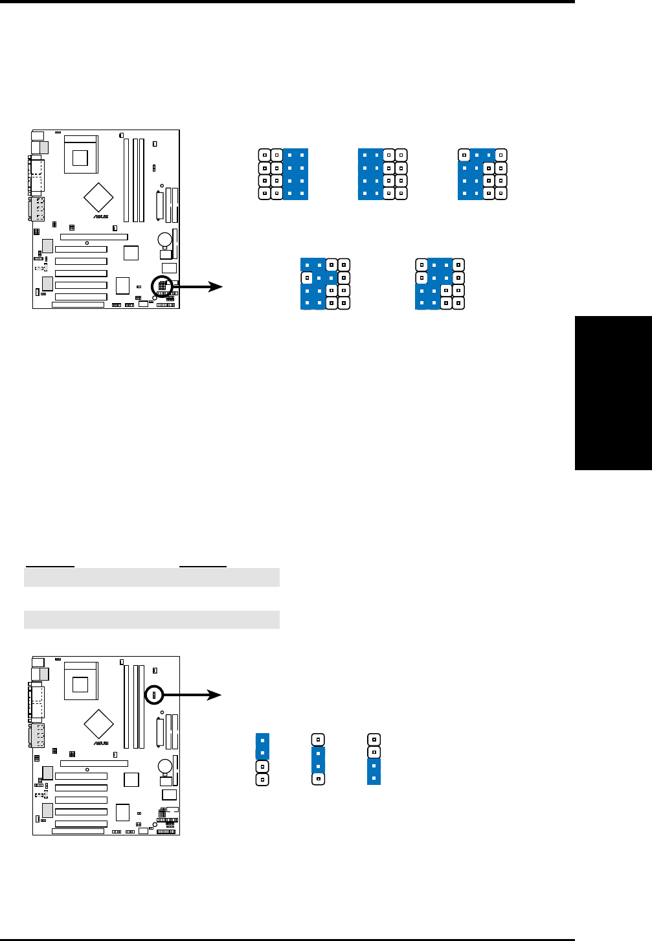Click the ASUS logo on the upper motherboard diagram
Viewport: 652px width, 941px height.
tap(100, 217)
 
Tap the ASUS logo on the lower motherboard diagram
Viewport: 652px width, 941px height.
tap(100, 743)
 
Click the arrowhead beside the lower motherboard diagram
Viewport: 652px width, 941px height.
tap(215, 695)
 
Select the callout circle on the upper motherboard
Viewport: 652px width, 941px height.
tap(162, 286)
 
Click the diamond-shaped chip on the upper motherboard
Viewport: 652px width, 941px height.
tap(98, 197)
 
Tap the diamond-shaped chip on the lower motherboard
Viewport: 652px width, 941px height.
tap(98, 723)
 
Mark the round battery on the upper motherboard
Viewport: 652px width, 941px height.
tap(165, 239)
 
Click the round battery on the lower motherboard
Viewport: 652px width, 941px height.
tap(165, 765)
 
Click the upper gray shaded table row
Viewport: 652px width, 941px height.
tap(152, 577)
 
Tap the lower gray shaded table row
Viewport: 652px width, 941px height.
tap(152, 620)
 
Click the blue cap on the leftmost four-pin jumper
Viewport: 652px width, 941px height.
tap(262, 746)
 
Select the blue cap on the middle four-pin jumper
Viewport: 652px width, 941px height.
tap(318, 760)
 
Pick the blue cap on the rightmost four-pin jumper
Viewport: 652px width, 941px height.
tap(374, 773)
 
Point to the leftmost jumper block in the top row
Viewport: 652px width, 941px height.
tap(283, 174)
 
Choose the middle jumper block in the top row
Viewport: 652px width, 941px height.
tap(383, 174)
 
